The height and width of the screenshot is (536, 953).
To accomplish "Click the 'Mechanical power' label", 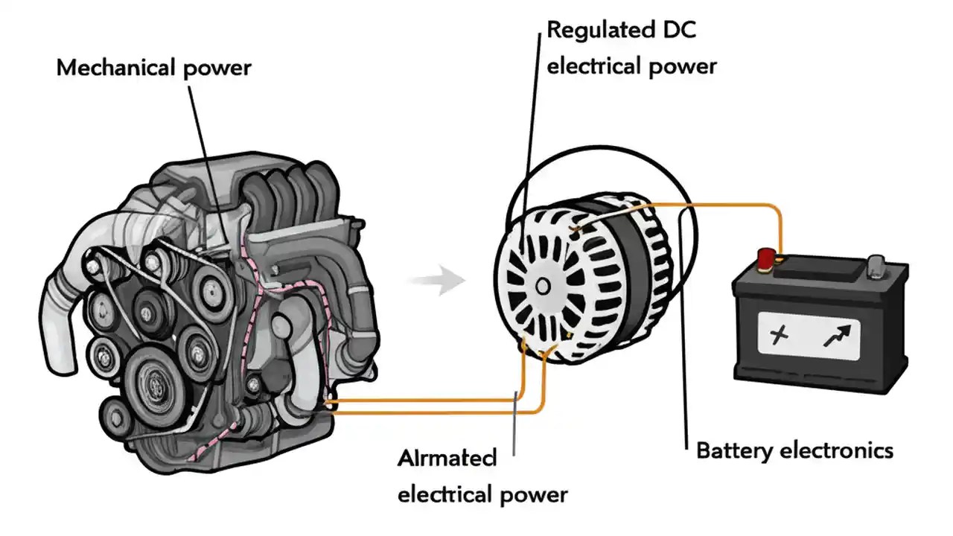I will (154, 68).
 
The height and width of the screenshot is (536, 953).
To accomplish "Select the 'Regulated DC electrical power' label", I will (631, 48).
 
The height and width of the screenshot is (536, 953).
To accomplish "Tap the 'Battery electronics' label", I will (794, 450).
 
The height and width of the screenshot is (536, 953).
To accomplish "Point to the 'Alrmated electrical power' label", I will (482, 476).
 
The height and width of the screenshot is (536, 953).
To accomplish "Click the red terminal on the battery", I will (765, 258).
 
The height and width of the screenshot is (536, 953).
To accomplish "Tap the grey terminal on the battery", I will (877, 264).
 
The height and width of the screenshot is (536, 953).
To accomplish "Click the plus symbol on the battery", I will (778, 336).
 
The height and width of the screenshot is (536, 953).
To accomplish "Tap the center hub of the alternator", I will (542, 285).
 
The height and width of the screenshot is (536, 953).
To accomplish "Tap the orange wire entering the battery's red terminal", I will (777, 231).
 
